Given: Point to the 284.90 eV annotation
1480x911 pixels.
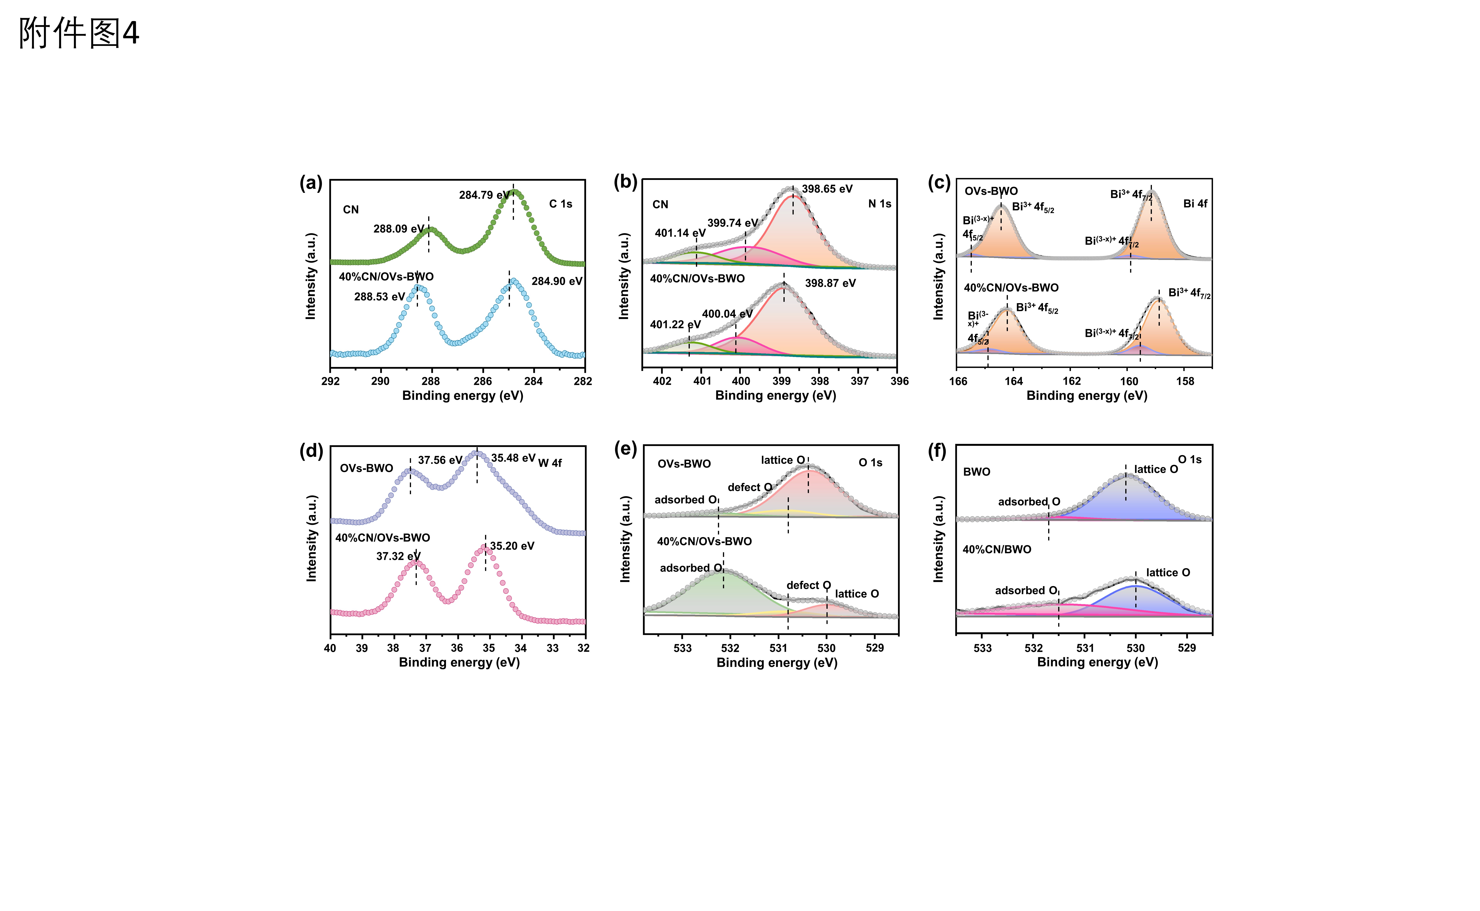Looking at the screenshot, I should coord(557,281).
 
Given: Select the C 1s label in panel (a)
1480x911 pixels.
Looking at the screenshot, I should coord(560,204).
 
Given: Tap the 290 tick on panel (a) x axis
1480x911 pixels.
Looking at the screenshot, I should coord(380,381).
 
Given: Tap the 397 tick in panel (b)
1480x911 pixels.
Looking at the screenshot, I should coord(860,381).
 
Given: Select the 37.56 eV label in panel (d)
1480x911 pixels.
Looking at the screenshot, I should coord(440,460).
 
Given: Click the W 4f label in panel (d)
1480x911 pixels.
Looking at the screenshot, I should coord(549,463).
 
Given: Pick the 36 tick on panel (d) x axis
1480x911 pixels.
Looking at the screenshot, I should coord(457,648).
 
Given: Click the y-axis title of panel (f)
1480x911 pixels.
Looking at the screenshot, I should coord(938,539).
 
